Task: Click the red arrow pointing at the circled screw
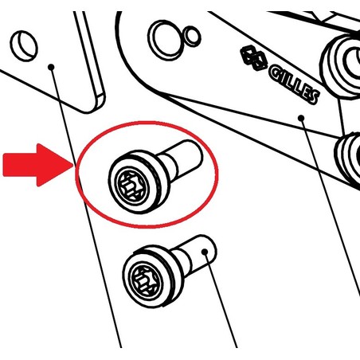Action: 37,165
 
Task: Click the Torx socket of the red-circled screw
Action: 131,184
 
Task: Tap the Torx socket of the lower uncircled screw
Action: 145,280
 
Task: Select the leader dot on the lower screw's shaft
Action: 205,251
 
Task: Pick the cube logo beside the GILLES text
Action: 253,58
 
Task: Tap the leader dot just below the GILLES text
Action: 301,118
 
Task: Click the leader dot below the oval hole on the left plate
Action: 51,67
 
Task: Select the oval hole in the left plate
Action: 24,46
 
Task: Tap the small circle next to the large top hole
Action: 192,37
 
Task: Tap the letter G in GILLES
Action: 275,71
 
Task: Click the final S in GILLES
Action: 313,97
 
